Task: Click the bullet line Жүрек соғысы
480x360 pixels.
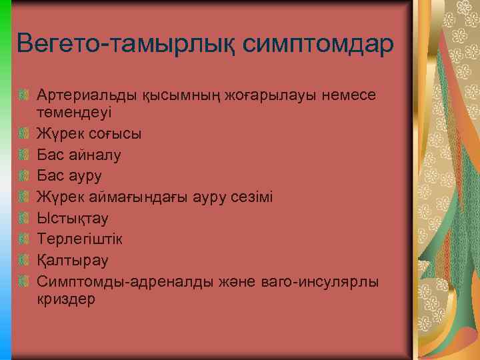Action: pyautogui.click(x=89, y=133)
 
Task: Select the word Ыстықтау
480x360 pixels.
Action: pyautogui.click(x=73, y=218)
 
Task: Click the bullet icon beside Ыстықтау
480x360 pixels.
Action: pyautogui.click(x=24, y=217)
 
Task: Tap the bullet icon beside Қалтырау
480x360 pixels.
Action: pyautogui.click(x=24, y=259)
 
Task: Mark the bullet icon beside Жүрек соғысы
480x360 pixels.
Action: pyautogui.click(x=24, y=133)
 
